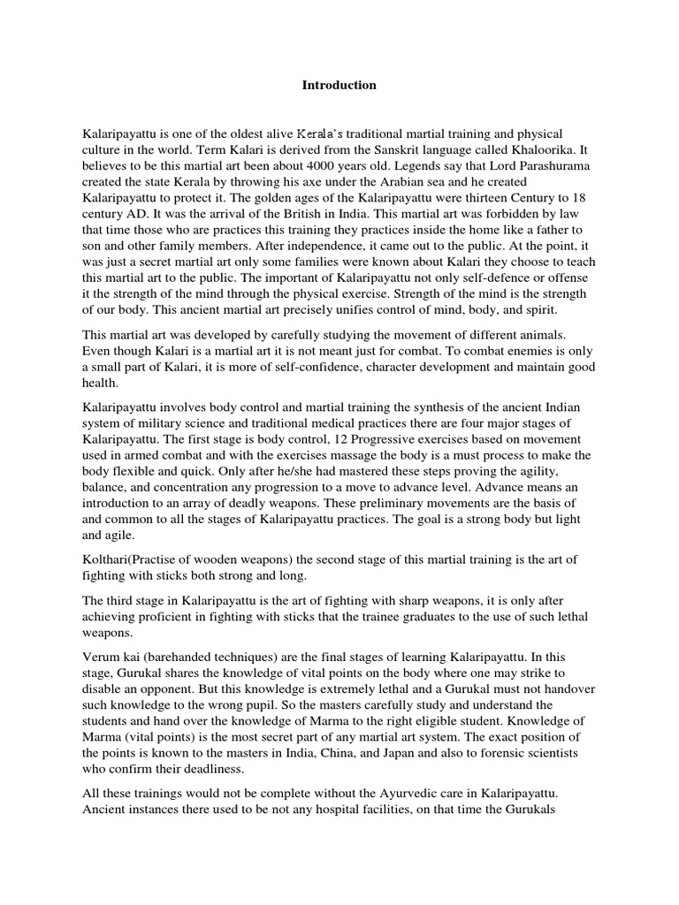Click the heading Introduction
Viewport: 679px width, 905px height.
339,86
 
